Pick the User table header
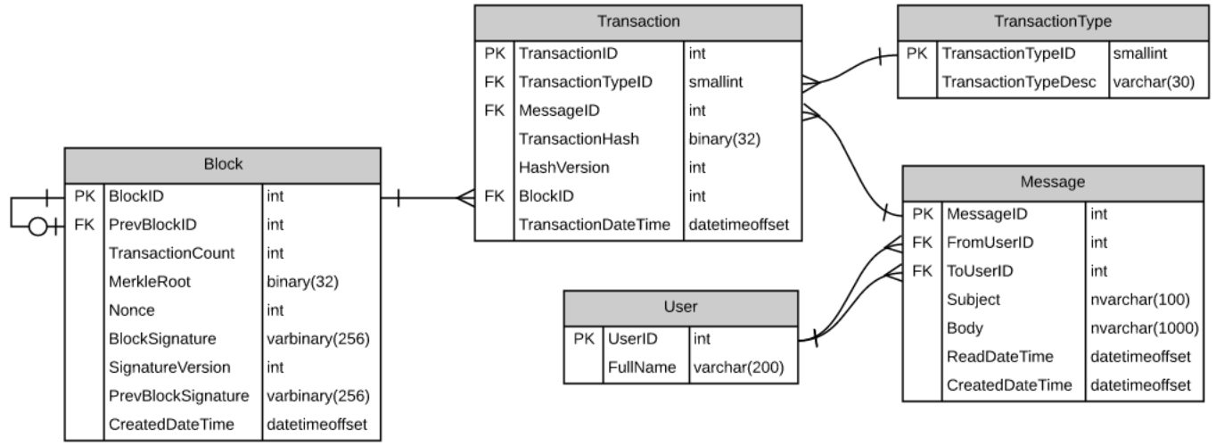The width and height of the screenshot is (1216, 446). (679, 308)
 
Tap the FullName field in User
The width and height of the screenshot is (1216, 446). (637, 368)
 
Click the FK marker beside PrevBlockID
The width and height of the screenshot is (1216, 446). (84, 225)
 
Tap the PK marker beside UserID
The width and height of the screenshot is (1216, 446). (583, 339)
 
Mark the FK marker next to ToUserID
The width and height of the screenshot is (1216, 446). (922, 270)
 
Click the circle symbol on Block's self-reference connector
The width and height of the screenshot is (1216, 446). (38, 227)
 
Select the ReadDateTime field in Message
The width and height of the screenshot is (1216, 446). (998, 357)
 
